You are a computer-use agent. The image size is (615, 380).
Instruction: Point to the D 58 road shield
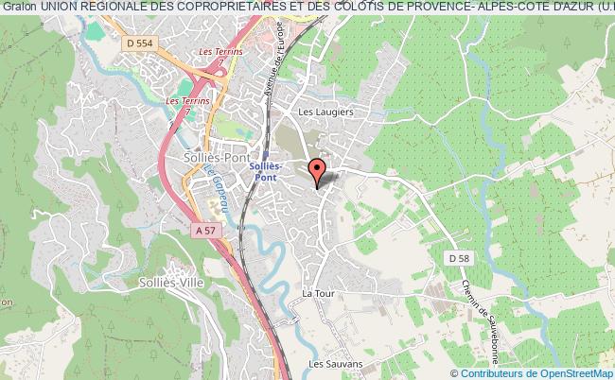(x=460, y=258)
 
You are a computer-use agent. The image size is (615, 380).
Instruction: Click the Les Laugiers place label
(x=325, y=112)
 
